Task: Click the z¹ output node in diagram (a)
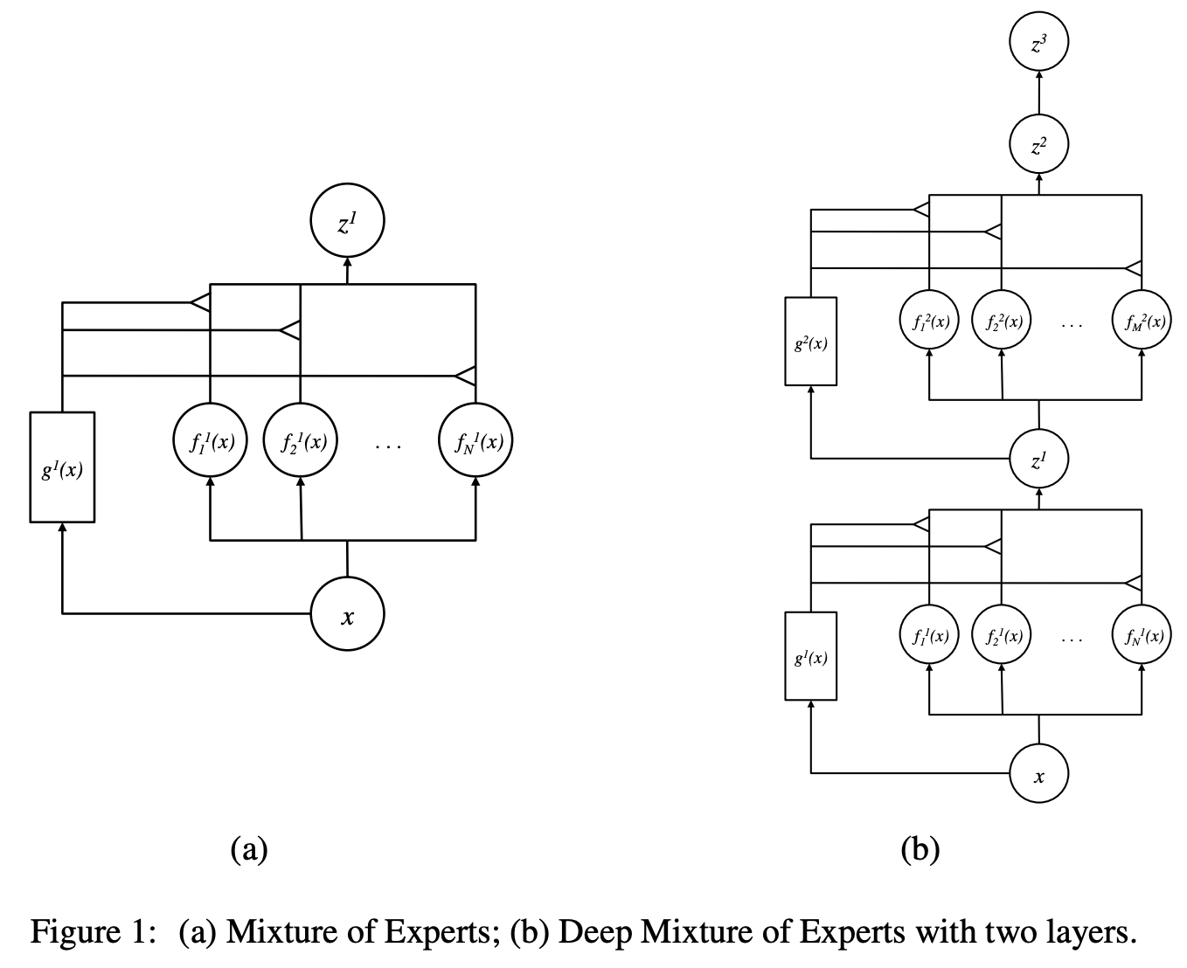pos(347,224)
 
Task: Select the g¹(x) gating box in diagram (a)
pos(62,467)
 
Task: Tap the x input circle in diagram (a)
pos(347,615)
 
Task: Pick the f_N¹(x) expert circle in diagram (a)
pos(475,440)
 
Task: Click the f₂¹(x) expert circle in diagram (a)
pos(301,440)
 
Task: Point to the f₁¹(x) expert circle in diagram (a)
pos(211,440)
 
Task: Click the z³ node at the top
pos(1038,43)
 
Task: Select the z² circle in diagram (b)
pos(1038,145)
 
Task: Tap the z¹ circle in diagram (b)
pos(1038,459)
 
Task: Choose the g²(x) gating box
pos(810,342)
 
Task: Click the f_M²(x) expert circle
pos(1142,321)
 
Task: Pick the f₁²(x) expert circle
pos(930,321)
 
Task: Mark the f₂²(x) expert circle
pos(1002,321)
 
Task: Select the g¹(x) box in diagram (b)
pos(810,656)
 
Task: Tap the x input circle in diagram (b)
pos(1038,774)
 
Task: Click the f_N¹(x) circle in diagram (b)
pos(1142,635)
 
